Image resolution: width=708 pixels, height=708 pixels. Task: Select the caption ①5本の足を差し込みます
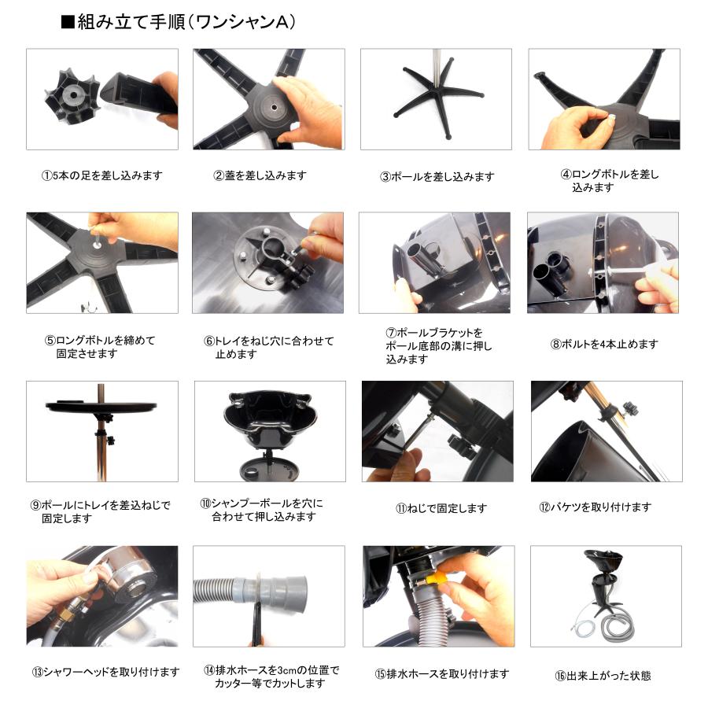tap(101, 175)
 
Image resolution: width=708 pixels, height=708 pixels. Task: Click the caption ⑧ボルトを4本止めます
tap(604, 344)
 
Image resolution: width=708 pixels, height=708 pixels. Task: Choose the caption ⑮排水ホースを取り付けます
tap(442, 673)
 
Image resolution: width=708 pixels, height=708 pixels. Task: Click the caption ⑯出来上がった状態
tap(603, 675)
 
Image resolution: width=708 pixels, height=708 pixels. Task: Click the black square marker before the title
tap(67, 22)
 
